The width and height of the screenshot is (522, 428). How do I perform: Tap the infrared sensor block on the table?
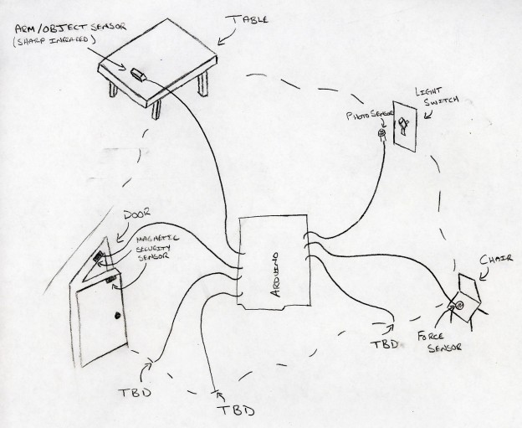coord(139,75)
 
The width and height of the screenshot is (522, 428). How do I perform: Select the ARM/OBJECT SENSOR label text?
coord(71,28)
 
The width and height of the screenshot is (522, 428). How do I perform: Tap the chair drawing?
coord(465,302)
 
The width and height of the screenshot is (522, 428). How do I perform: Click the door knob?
coord(118,317)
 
